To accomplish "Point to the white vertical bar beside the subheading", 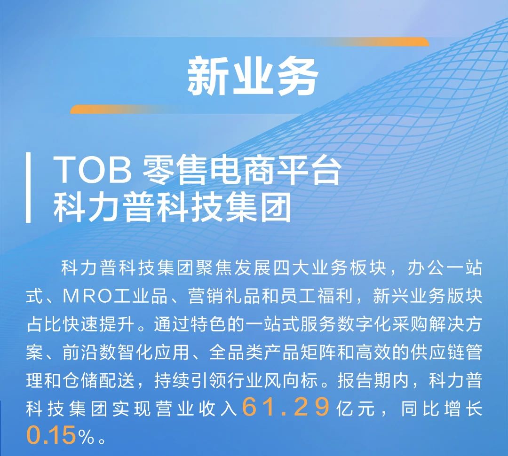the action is [28, 188].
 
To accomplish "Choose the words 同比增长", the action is [442, 408].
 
